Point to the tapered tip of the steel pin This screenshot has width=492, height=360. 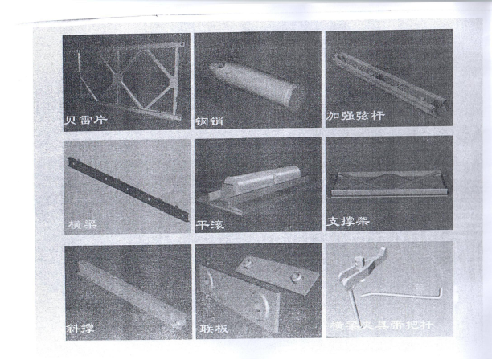coord(215,69)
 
